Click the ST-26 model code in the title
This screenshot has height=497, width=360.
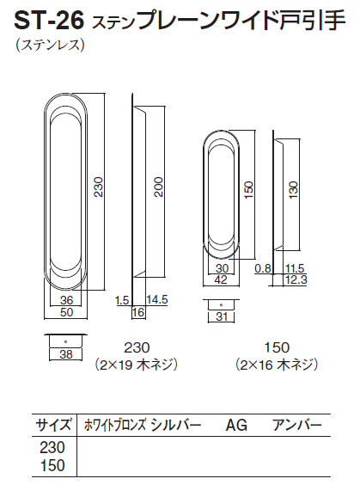[x=49, y=21]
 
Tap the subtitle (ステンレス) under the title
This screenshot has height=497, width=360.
[x=51, y=45]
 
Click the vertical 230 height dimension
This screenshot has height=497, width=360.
[x=99, y=187]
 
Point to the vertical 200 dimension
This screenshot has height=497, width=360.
[x=158, y=187]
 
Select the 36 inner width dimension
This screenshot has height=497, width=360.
[x=66, y=300]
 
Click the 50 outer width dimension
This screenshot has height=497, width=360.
[x=66, y=312]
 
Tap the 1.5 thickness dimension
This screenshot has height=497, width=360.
[x=122, y=300]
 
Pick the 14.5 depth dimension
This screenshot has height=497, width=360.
[x=156, y=300]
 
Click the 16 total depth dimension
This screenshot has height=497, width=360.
[x=138, y=312]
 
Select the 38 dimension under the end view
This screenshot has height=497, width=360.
[x=66, y=354]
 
